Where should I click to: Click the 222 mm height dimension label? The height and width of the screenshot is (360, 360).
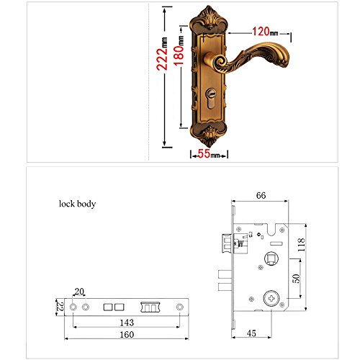point(162,54)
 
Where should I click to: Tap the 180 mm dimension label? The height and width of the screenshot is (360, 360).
point(179,51)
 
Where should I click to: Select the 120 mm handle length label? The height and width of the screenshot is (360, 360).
point(265,32)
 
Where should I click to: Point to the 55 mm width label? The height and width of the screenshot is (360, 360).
point(209,153)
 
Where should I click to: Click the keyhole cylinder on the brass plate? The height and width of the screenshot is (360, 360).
point(211,99)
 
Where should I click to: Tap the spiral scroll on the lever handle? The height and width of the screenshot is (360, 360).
point(222,62)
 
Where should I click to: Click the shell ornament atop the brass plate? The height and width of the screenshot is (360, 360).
point(209,18)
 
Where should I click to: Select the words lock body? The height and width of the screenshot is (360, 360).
point(78,204)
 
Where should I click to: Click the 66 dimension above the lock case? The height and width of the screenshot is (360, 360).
point(261,195)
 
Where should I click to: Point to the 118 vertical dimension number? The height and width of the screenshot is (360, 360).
point(301,245)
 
